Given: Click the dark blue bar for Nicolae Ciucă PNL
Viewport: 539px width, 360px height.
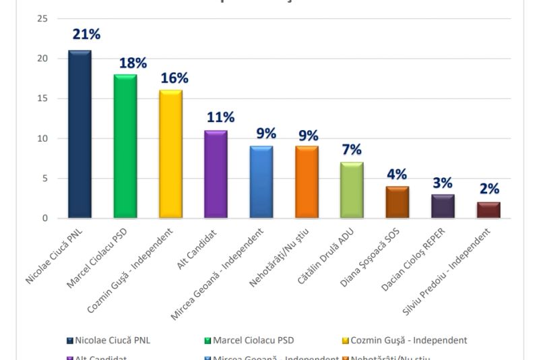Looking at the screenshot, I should pos(80,135).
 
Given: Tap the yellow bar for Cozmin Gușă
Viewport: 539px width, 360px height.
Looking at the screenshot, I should pos(170,154).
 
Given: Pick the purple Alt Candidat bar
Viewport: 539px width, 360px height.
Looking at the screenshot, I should pos(216,175).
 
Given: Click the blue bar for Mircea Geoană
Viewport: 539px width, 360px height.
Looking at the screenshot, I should pos(261,183).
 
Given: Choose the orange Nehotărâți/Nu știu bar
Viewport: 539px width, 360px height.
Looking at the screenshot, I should pos(307,183).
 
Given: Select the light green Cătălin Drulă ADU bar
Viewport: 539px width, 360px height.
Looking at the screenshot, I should pos(352,191).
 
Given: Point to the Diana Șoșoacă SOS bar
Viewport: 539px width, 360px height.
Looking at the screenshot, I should pos(398,202).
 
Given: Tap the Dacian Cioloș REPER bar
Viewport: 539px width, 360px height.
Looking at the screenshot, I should pos(443,206).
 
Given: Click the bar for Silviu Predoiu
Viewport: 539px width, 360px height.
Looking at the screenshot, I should pos(488,210).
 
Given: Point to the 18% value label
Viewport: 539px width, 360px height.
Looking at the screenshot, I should pos(133,63).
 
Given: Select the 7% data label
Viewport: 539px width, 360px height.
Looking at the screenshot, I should pos(351,150).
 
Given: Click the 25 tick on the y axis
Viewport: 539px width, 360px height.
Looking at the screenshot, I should pos(42,19).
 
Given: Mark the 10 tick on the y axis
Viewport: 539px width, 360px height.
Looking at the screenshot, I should pos(42,139).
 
